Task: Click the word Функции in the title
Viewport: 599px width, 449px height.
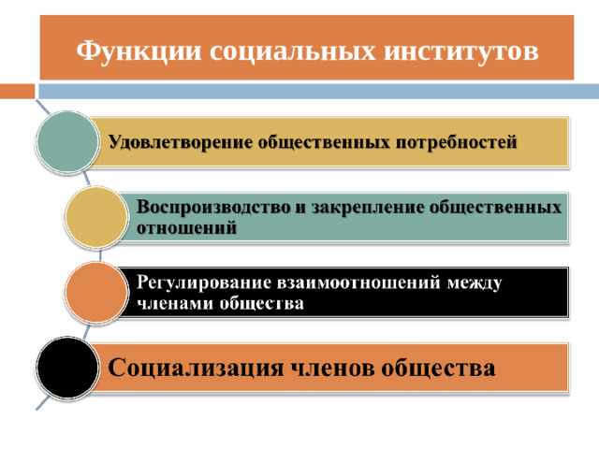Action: pyautogui.click(x=139, y=51)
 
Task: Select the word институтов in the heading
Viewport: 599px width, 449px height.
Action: pyautogui.click(x=461, y=51)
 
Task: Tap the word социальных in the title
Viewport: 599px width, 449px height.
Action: pyautogui.click(x=293, y=51)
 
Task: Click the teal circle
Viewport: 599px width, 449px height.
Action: pyautogui.click(x=67, y=142)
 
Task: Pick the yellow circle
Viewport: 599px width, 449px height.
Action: pyautogui.click(x=95, y=217)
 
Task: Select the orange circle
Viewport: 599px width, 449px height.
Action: pyautogui.click(x=95, y=292)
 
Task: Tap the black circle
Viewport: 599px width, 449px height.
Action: pyautogui.click(x=67, y=368)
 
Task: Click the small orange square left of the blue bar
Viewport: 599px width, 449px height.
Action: pyautogui.click(x=17, y=92)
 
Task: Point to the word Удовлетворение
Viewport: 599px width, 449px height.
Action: pyautogui.click(x=181, y=143)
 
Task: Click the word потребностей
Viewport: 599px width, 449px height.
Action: pyautogui.click(x=456, y=143)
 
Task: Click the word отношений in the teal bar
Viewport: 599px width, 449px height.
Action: pyautogui.click(x=187, y=228)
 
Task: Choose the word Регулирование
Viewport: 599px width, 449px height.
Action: pyautogui.click(x=204, y=282)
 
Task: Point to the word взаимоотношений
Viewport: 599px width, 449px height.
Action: pyautogui.click(x=358, y=282)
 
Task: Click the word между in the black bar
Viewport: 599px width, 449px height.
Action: pyautogui.click(x=474, y=283)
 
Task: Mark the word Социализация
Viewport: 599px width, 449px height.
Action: pyautogui.click(x=196, y=368)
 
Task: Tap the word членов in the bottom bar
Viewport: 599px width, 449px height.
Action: pyautogui.click(x=333, y=369)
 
